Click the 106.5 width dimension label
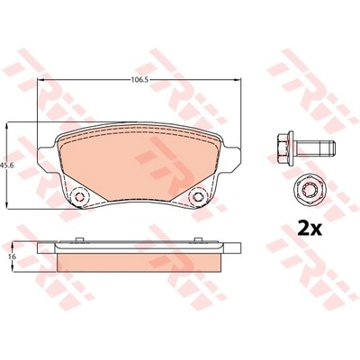pyautogui.click(x=139, y=80)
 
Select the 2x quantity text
pyautogui.click(x=310, y=229)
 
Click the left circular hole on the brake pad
pyautogui.click(x=79, y=197)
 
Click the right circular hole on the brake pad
pyautogui.click(x=198, y=197)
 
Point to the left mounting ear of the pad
pyautogui.click(x=47, y=160)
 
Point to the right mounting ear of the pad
pyautogui.click(x=231, y=160)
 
